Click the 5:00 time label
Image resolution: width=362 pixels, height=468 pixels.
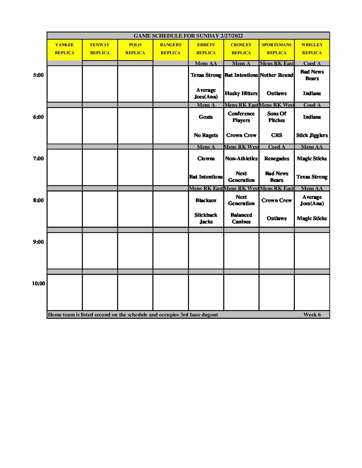[38, 75]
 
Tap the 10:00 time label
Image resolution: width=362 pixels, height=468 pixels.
[38, 284]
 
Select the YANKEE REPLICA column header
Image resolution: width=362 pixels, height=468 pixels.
[65, 49]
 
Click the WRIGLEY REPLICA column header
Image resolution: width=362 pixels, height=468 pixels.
[312, 49]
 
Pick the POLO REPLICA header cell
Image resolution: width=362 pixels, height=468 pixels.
[135, 49]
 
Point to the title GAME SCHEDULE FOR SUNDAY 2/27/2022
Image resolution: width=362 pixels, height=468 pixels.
[188, 36]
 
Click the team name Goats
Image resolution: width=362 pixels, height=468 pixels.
[206, 117]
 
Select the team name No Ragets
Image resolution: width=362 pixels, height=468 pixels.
[206, 135]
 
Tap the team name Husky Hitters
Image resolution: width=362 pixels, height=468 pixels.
[241, 93]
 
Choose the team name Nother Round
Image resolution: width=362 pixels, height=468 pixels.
[276, 75]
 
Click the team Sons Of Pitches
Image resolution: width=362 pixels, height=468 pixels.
[276, 117]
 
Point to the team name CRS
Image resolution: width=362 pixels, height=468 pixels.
[276, 135]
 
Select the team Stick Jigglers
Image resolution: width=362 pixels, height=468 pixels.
[312, 135]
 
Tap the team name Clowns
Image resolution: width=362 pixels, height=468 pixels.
[206, 159]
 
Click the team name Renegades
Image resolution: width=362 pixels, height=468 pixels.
[276, 159]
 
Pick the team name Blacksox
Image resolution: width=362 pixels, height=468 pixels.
[206, 200]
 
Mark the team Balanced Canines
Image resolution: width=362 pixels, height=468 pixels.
[241, 218]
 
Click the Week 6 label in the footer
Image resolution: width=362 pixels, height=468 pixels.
[312, 315]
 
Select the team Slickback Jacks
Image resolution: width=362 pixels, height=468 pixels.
[206, 218]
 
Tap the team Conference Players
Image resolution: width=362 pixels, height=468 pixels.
[241, 117]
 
